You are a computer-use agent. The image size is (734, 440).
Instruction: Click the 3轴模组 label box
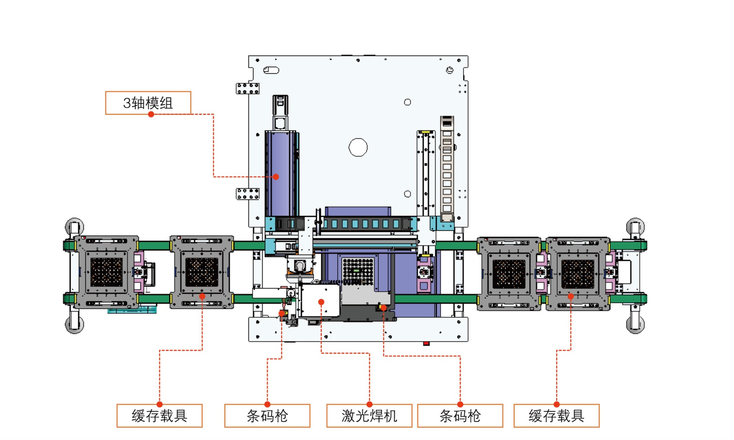pos(148,103)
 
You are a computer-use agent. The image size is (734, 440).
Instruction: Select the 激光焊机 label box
pos(369,416)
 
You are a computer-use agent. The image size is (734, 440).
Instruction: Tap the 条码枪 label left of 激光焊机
pos(267,416)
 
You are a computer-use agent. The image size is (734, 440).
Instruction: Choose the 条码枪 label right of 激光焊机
pos(460,416)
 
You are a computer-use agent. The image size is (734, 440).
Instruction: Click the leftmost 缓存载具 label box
pos(160,416)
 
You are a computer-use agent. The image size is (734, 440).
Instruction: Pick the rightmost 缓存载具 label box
pos(556,416)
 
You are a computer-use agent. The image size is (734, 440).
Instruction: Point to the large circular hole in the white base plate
pos(358,147)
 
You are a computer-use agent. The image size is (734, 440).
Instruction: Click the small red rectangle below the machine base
pos(426,343)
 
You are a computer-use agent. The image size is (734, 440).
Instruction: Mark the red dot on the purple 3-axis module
pos(276,177)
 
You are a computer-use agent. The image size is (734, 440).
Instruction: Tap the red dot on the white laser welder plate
pos(321,302)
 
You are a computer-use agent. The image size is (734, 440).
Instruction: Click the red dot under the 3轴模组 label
pos(151,114)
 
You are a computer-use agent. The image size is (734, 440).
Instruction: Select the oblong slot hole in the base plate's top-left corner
pos(271,70)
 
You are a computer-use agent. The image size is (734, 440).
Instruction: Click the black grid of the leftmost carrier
pos(106,272)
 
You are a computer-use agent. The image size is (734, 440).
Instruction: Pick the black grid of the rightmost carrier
pos(578,274)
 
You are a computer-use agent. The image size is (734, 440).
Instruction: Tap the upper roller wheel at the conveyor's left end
pos(75,227)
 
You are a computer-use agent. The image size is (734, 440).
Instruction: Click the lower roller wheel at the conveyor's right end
pos(635,324)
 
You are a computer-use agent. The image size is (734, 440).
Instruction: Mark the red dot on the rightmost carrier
pos(571,296)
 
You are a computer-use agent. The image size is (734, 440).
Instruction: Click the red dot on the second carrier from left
pos(202,296)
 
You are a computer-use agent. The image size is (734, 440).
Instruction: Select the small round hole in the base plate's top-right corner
pos(450,70)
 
